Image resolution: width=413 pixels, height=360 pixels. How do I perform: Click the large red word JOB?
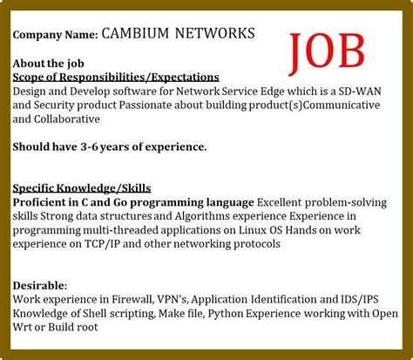[328, 51]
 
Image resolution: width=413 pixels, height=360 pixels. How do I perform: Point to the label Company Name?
[54, 35]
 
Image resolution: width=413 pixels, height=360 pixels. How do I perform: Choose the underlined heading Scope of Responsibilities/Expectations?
[115, 77]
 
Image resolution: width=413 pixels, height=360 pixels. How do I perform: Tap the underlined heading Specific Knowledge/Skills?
[82, 187]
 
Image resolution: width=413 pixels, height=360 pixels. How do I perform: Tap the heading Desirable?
[40, 285]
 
